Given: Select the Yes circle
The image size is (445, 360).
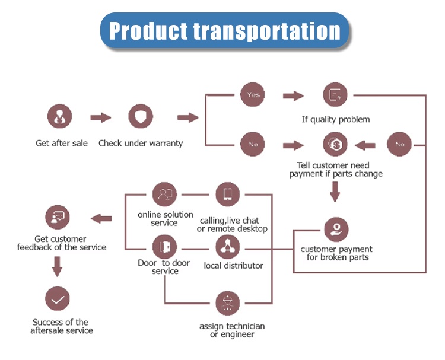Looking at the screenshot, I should coord(253,95).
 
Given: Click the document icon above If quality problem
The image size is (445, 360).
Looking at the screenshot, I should coord(335,95).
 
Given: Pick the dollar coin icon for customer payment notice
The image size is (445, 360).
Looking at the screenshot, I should coord(335,144).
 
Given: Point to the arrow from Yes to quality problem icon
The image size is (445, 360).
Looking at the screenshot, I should coord(293,95).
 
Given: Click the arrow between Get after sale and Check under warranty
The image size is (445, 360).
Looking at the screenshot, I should coord(100,117).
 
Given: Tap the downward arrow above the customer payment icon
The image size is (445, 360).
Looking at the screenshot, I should coord(335,192).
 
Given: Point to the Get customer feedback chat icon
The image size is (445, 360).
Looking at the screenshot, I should coord(58,218).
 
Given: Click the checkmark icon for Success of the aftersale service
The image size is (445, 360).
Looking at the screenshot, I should coord(58,300).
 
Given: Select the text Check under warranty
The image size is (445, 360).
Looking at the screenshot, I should coord(141,143).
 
